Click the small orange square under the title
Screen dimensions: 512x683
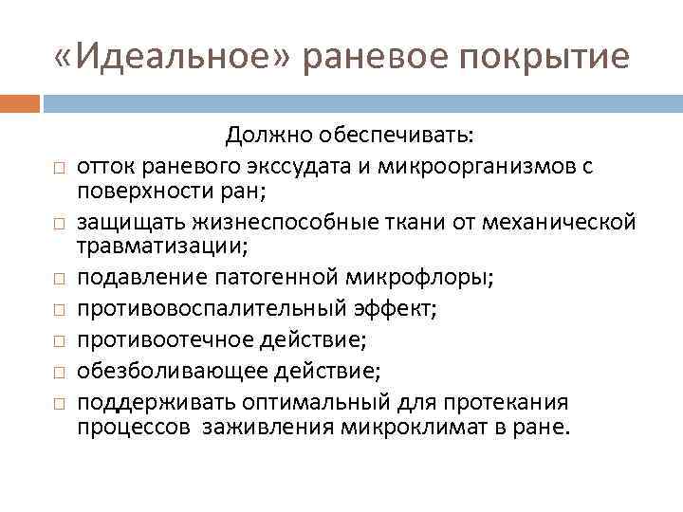point(20,101)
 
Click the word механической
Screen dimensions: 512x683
point(558,223)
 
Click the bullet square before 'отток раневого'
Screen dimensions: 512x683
point(58,169)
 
